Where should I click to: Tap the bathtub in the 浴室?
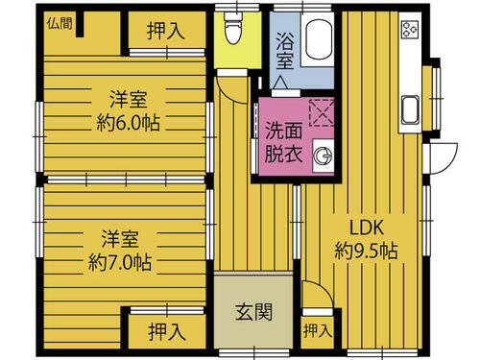(318, 39)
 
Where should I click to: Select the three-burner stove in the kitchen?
(410, 30)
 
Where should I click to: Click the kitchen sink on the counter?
(410, 109)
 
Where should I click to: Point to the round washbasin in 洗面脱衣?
(324, 156)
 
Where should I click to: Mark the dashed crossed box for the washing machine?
(322, 112)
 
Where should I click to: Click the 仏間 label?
(60, 23)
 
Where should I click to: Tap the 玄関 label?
(253, 312)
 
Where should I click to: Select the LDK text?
(366, 228)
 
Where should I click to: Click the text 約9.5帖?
(366, 251)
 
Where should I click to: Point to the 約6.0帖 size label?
(128, 123)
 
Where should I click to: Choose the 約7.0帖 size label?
(120, 262)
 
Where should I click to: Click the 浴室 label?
(285, 50)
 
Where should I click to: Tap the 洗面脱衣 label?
(283, 142)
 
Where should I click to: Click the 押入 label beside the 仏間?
(166, 31)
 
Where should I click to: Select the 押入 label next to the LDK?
(318, 330)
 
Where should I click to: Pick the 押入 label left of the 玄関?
(167, 331)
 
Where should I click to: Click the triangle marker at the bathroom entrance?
(279, 83)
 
